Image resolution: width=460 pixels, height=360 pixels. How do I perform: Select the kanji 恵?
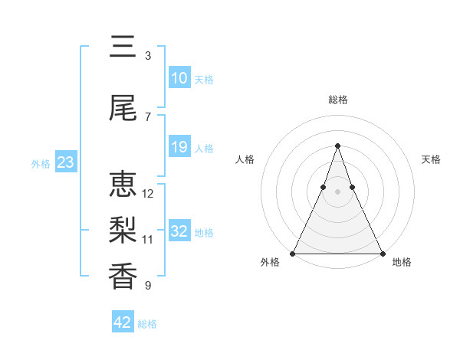123,185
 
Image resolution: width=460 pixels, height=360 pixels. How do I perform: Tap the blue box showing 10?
179,78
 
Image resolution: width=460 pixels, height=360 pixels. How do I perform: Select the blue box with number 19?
179,147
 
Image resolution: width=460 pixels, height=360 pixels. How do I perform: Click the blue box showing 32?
179,231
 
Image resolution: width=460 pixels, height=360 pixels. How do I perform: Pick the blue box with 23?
65,162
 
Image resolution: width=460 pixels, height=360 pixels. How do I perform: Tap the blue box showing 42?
123,322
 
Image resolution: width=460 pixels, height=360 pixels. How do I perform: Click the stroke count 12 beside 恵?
148,193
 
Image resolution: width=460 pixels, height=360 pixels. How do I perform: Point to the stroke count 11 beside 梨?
148,239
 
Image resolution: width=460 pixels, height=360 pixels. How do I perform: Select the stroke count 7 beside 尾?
148,116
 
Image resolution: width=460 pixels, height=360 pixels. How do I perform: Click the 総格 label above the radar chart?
337,100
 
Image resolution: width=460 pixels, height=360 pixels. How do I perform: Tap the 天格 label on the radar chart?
431,159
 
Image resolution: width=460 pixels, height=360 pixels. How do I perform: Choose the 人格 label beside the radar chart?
245,159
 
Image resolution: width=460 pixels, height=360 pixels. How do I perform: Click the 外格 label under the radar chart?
270,263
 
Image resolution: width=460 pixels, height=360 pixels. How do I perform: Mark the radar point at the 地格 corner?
382,253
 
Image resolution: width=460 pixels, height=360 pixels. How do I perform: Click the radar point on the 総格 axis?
337,146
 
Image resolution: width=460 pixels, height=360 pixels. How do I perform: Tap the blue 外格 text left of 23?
41,163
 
